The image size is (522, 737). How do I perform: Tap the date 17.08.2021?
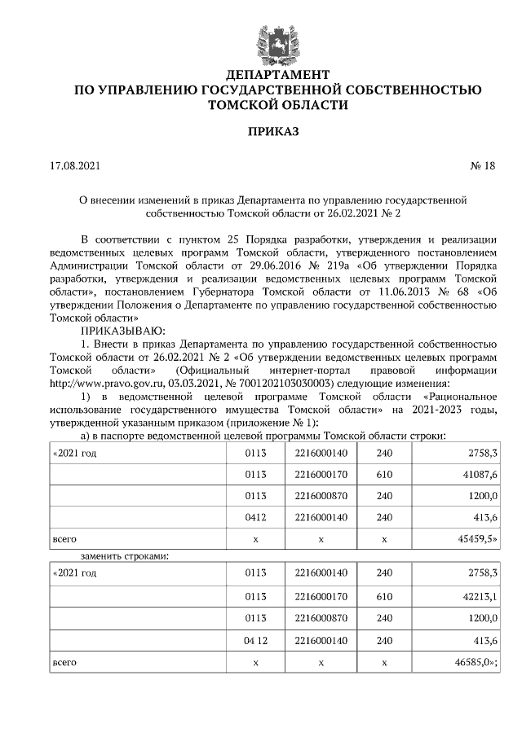coord(75,166)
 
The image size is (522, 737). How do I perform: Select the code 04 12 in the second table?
coord(255,641)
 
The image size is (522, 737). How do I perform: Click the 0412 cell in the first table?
coord(255,516)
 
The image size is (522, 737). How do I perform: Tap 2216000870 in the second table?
coord(321,619)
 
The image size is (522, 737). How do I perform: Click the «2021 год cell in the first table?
coord(74,452)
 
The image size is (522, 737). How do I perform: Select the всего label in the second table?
coord(64,662)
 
